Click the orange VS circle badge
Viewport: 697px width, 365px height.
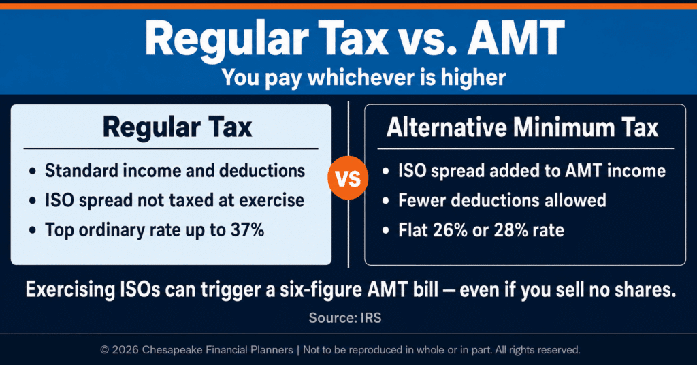pos(348,178)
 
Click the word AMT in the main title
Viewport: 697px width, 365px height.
pos(515,37)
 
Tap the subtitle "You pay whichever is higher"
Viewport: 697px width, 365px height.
pos(363,78)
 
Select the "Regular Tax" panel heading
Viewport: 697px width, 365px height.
pos(177,127)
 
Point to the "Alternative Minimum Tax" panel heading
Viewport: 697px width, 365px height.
pos(522,128)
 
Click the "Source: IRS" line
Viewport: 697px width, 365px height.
pos(345,318)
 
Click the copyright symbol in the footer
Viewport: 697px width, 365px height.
pos(104,350)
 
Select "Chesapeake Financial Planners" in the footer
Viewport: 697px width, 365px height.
pos(217,350)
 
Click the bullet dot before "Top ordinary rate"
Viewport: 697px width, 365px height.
pos(33,231)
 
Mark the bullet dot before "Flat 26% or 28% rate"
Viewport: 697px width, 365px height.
pos(386,231)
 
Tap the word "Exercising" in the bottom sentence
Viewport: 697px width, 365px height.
pos(69,290)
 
